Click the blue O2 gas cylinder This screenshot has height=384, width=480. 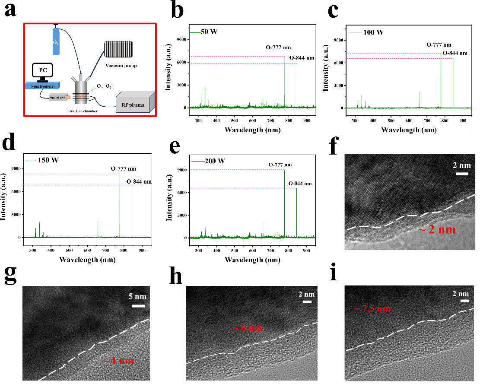[56, 41]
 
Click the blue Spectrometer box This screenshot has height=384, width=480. [44, 86]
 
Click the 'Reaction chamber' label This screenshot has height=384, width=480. [83, 111]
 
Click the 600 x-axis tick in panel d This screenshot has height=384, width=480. [87, 250]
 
